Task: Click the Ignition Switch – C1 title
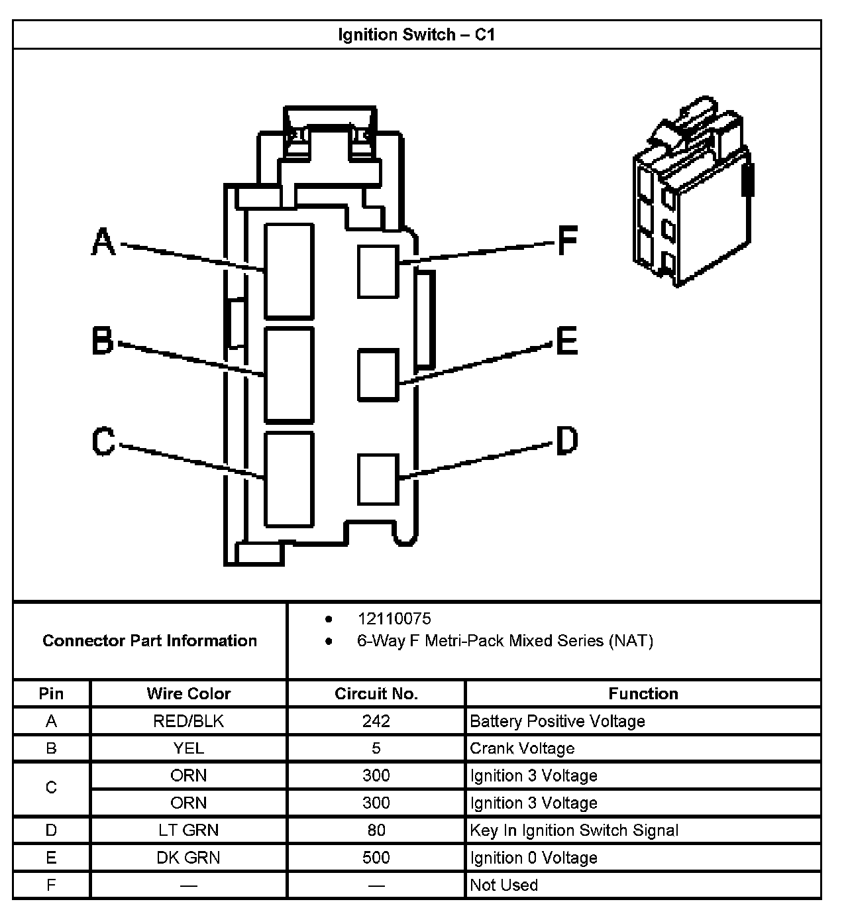pos(416,34)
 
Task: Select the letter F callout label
pos(567,240)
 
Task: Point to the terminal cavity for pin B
pos(289,374)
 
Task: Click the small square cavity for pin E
pos(378,375)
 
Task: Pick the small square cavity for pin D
pos(378,479)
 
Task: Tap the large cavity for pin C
pos(289,479)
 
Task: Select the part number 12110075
pos(394,618)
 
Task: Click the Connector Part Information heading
pos(150,640)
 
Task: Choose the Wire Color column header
pos(188,693)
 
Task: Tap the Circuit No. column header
pos(376,693)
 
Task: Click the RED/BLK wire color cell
pos(188,721)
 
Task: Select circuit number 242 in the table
pos(376,721)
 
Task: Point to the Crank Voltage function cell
pos(522,748)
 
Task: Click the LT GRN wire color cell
pos(188,830)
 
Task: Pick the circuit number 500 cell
pos(376,858)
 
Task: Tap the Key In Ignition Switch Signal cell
pos(574,830)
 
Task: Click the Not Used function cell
pos(503,885)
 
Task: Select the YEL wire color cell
pos(188,748)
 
